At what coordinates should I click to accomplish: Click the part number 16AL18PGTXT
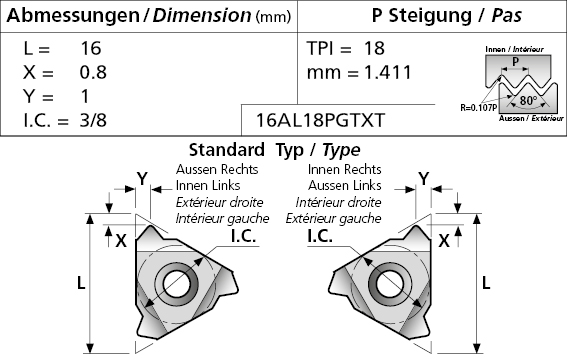coord(320,120)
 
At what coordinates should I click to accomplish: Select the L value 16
coord(90,48)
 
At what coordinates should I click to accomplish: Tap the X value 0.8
coord(93,72)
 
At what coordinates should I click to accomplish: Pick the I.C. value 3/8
coord(93,120)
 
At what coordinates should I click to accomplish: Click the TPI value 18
coord(374,48)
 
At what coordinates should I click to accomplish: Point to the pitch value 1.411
coord(388,72)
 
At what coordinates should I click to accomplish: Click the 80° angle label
coord(528,100)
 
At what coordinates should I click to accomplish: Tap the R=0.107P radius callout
coord(478,108)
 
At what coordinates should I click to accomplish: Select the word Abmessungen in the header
coord(73,16)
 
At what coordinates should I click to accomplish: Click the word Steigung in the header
coord(430,16)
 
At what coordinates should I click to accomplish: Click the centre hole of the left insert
coord(176,284)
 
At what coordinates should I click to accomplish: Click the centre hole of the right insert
coord(390,284)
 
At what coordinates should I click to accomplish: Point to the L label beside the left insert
coord(81,283)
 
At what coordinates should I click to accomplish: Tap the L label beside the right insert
coord(486,283)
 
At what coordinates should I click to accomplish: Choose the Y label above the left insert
coord(142,179)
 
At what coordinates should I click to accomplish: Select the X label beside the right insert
coord(444,241)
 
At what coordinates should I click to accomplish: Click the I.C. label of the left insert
coord(244,236)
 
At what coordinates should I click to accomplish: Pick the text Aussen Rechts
coord(217,169)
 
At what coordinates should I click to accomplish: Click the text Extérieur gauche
coord(333,218)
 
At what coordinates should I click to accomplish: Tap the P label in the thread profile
coord(515,61)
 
